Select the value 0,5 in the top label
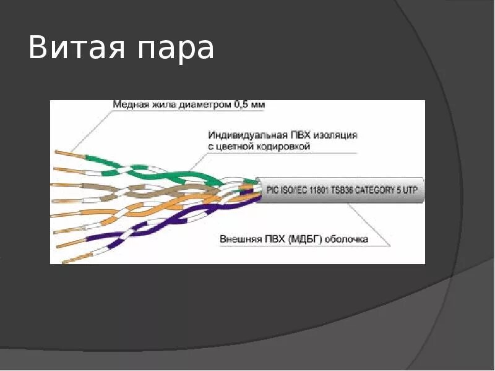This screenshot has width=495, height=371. tap(242, 105)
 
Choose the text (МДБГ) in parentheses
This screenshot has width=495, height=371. tap(301, 239)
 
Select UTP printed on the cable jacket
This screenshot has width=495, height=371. tap(409, 190)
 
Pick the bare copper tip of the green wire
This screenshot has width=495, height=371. tap(64, 151)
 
